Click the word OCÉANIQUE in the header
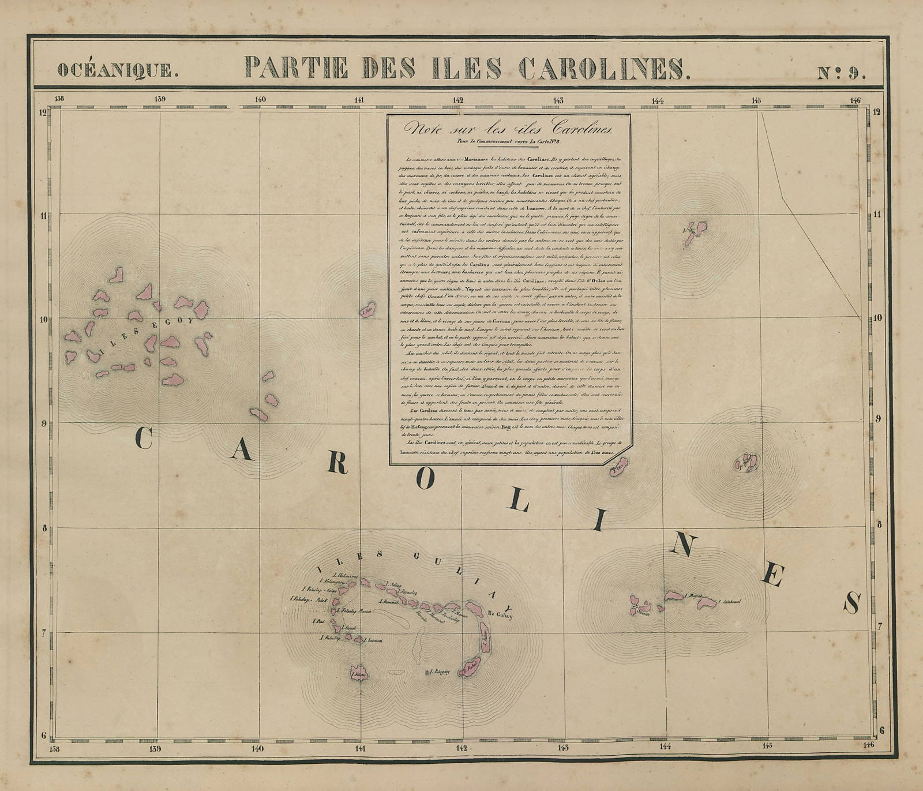[114, 69]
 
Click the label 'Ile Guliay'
[500, 614]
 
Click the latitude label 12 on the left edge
[43, 113]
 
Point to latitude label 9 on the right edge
[880, 419]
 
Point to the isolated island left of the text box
[367, 309]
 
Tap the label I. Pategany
[441, 672]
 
